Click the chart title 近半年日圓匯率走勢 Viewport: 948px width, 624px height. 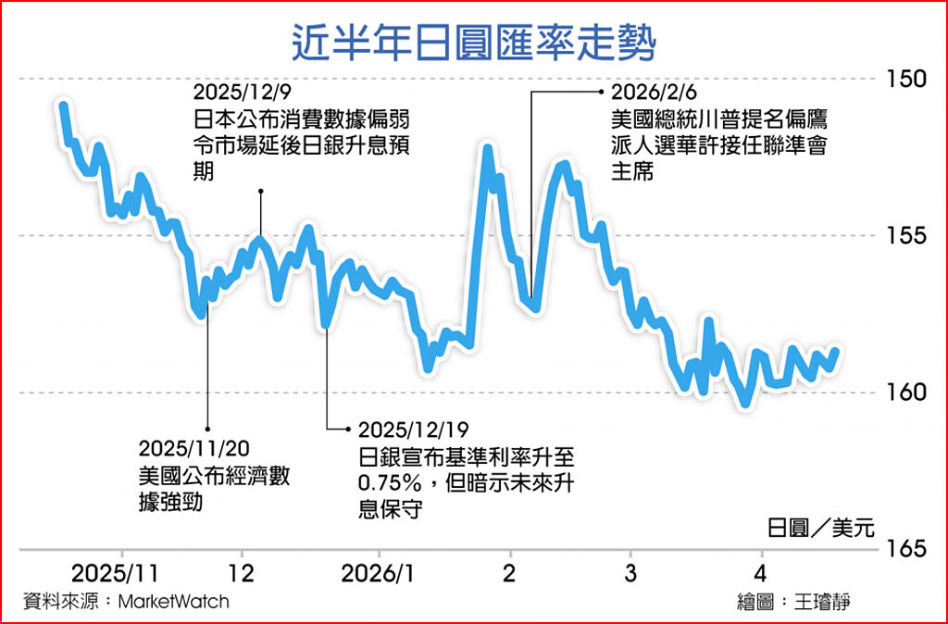pos(474,40)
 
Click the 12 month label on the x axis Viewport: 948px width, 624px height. pos(242,570)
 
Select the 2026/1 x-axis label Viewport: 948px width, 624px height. pos(376,570)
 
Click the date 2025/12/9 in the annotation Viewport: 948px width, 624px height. pos(240,94)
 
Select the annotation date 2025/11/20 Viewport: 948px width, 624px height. pos(194,449)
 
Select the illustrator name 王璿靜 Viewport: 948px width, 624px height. pos(822,601)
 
